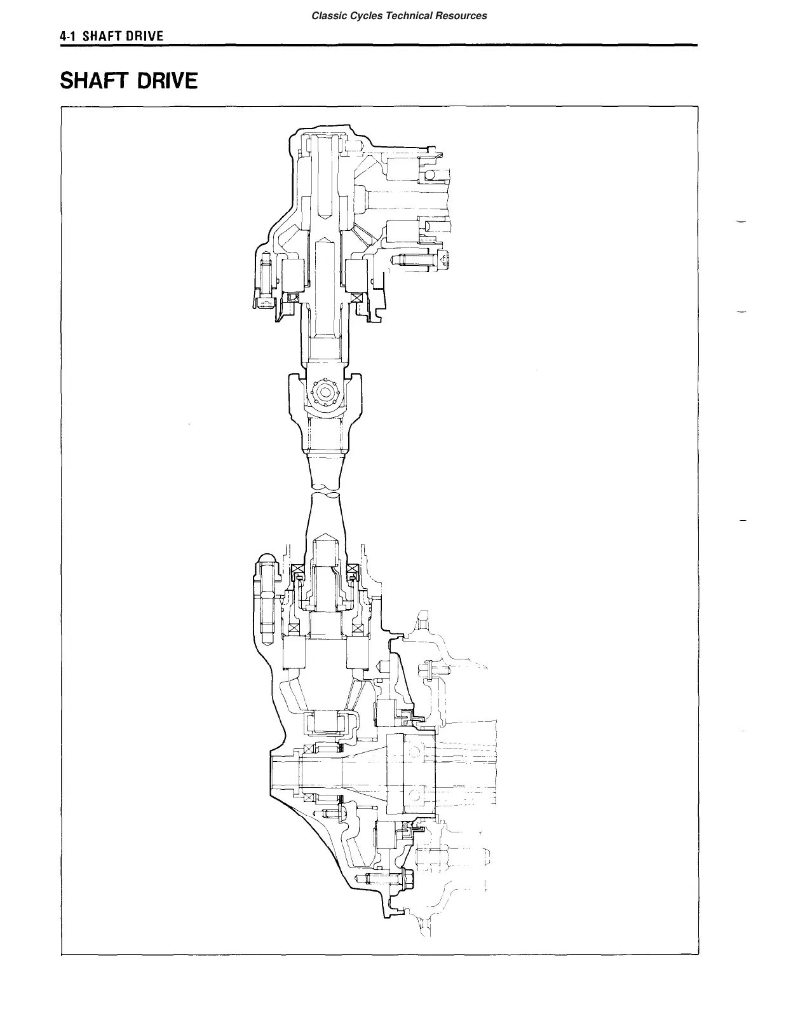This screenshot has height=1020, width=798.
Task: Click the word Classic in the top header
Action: (x=327, y=15)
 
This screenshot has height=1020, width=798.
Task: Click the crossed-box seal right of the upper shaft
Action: (x=356, y=299)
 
